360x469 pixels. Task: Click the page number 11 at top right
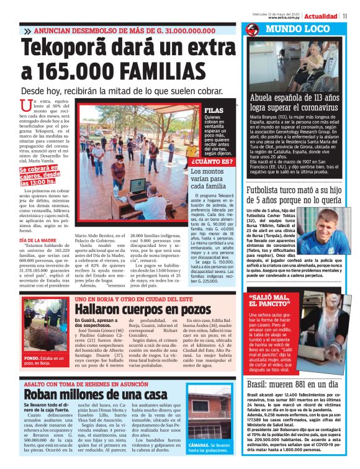(x=353, y=16)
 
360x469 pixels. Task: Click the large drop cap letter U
(x=25, y=106)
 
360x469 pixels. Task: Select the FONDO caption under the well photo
(x=45, y=360)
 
